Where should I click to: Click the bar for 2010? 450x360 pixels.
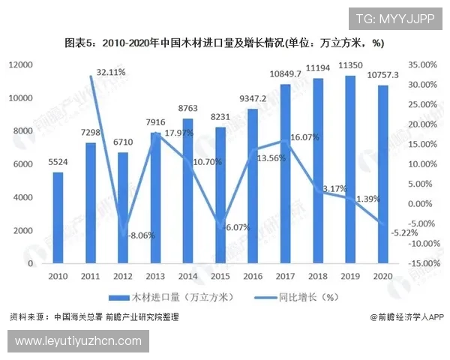(58, 217)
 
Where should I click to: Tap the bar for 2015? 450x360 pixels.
(220, 195)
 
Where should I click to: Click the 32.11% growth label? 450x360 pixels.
(111, 72)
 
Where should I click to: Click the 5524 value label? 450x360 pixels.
(58, 161)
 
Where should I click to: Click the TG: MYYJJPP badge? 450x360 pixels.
(394, 19)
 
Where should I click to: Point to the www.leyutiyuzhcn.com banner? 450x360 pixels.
(78, 341)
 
